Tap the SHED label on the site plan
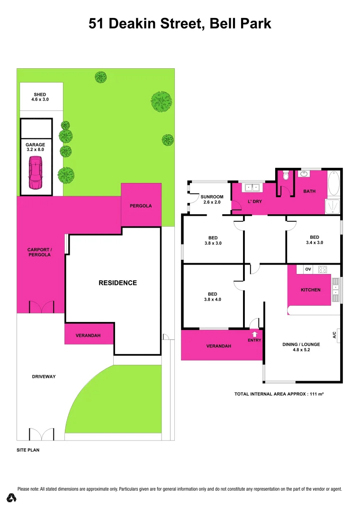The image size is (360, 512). coord(40,97)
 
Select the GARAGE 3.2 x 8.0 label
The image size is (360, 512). coord(36,147)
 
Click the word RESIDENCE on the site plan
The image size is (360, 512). coord(117,283)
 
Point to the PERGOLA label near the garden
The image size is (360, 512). coord(141,206)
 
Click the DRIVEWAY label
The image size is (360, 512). coord(44,376)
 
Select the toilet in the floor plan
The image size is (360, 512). coord(285,177)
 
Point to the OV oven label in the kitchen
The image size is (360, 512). coord(308,269)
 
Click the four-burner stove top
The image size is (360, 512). coord(323,269)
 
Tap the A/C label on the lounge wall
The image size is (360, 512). coord(334,335)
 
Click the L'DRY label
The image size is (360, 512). coord(255,201)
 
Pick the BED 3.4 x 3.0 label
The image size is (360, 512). coord(314,240)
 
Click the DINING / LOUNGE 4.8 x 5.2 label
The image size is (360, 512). coord(301,347)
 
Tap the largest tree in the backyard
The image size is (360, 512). coord(161,101)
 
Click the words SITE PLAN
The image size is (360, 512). coord(28,450)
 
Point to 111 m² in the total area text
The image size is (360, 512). coord(316,394)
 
